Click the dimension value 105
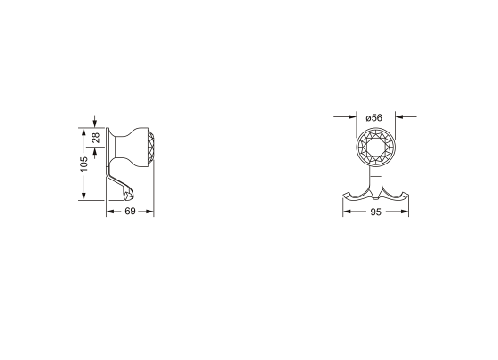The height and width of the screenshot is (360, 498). [84, 164]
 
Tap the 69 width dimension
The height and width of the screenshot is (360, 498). [130, 212]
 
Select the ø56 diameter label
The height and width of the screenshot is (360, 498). [373, 116]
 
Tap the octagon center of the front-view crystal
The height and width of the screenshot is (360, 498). [373, 148]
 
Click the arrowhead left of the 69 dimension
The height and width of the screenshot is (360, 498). [110, 212]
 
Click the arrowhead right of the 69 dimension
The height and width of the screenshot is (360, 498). [150, 212]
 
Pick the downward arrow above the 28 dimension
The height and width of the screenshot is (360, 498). [95, 125]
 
